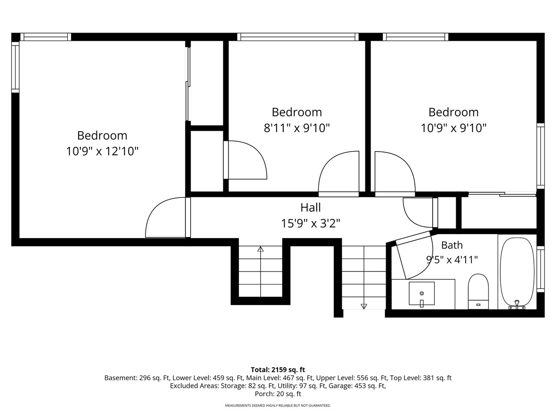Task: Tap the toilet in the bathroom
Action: tap(478, 291)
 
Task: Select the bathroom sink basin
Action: tap(421, 294)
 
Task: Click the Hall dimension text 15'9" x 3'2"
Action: tap(311, 224)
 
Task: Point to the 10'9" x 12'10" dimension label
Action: tap(102, 152)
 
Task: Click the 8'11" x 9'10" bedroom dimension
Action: tap(297, 128)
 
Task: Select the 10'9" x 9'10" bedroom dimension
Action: tap(453, 128)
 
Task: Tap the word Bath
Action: tap(452, 245)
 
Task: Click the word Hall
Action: tap(311, 208)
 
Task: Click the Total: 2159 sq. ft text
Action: tap(278, 370)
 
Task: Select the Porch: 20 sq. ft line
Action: tap(278, 394)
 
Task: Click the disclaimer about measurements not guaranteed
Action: tap(278, 406)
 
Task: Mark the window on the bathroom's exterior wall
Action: tap(540, 269)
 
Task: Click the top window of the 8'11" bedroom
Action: tap(298, 37)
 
